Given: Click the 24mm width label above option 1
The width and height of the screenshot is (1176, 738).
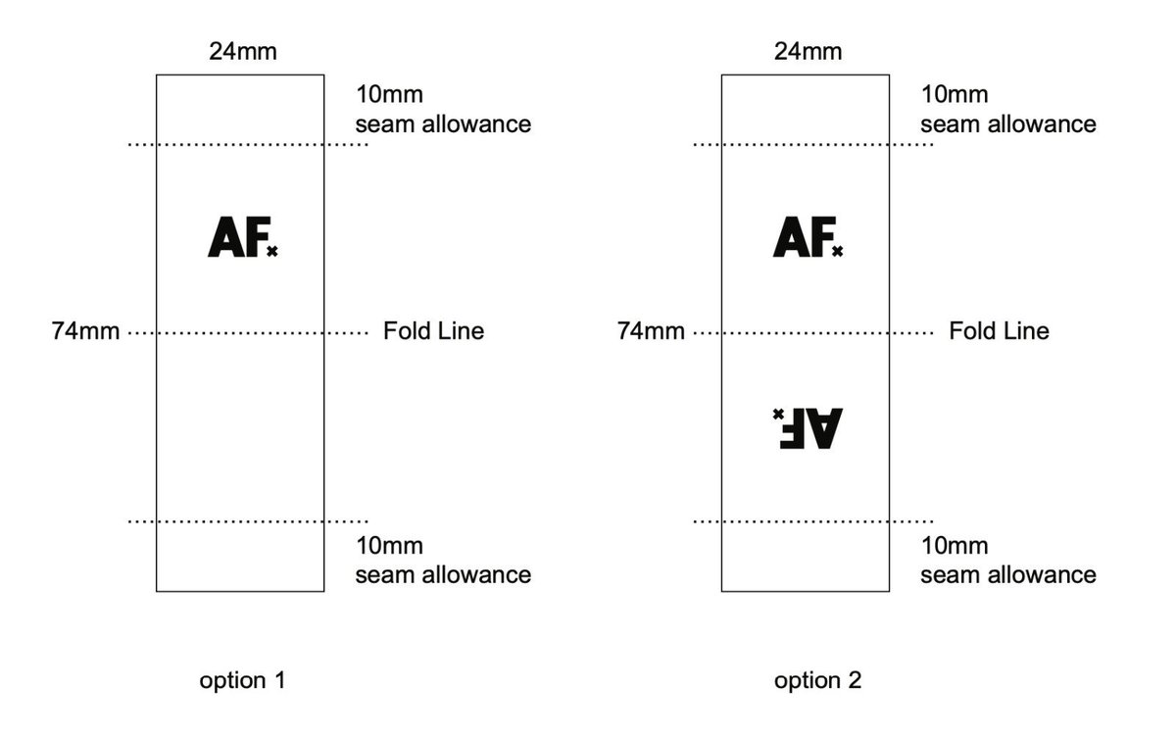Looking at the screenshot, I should [x=242, y=51].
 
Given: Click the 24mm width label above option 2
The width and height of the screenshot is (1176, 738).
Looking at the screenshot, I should [x=808, y=51].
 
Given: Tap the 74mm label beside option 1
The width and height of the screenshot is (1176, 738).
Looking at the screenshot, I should [x=86, y=331].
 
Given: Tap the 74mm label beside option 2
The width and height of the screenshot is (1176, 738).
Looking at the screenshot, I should [x=652, y=331].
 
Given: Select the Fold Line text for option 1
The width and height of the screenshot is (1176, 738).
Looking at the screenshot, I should [x=433, y=331].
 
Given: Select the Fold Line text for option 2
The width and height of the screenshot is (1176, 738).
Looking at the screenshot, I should [x=999, y=331].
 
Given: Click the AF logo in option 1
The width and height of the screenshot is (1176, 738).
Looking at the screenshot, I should [x=237, y=238].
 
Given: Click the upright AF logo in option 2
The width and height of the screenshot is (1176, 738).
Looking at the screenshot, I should [x=803, y=238].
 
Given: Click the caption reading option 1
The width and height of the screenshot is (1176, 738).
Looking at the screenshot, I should [x=242, y=680].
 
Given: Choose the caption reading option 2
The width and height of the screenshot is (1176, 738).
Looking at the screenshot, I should [x=817, y=680].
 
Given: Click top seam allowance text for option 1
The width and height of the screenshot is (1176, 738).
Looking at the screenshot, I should [x=443, y=123].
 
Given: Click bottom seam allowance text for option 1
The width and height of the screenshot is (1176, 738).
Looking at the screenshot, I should [x=443, y=574].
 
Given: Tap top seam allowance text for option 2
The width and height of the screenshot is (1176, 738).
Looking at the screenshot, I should [x=1008, y=123].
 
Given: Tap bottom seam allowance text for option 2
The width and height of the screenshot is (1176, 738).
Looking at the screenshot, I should [x=1008, y=574].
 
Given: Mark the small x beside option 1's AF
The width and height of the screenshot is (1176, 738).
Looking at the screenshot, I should [x=271, y=252].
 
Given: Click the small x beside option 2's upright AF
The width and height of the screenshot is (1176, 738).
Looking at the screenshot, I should [x=837, y=252].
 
